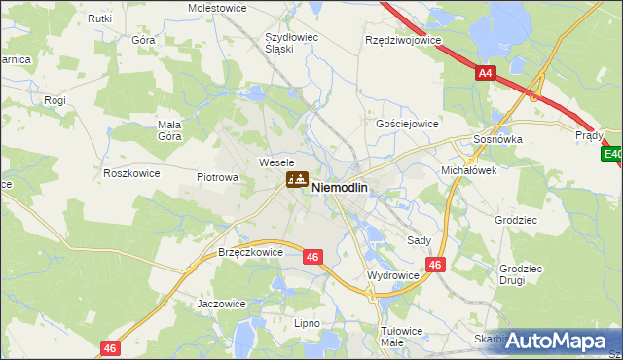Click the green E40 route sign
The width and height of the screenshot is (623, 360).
pyautogui.click(x=612, y=154)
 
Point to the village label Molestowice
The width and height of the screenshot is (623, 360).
pyautogui.click(x=215, y=7)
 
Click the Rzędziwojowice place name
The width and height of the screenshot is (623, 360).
pyautogui.click(x=402, y=41)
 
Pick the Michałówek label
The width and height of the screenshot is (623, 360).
pyautogui.click(x=469, y=169)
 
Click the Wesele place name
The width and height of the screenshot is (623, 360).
pyautogui.click(x=275, y=162)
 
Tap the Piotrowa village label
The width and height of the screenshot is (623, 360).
pyautogui.click(x=217, y=177)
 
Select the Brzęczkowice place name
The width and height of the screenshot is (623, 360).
pyautogui.click(x=250, y=252)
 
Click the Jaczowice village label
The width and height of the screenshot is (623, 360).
pyautogui.click(x=221, y=304)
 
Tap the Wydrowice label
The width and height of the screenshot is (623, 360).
pyautogui.click(x=392, y=276)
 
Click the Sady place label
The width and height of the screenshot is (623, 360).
pyautogui.click(x=420, y=239)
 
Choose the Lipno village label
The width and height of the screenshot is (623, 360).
pyautogui.click(x=307, y=321)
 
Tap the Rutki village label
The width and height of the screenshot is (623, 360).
pyautogui.click(x=99, y=18)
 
